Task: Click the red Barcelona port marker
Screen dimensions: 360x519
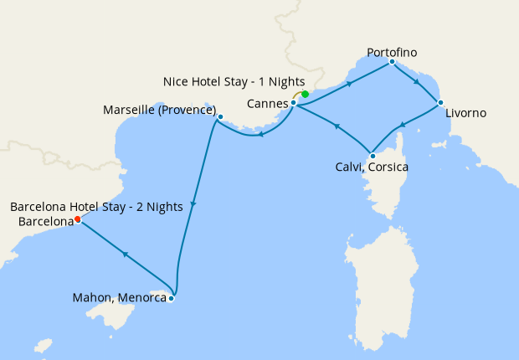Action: click(78, 219)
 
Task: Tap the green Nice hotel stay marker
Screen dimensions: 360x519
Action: click(306, 94)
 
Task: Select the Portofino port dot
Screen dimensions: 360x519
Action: click(392, 61)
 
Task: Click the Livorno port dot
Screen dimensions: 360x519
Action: click(440, 103)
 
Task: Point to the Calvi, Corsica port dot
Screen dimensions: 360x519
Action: click(372, 155)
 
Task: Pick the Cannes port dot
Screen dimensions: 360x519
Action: click(294, 103)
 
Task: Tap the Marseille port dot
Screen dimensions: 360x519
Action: click(220, 117)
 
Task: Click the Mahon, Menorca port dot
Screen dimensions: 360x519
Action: click(171, 298)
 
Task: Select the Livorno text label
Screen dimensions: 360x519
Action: click(466, 113)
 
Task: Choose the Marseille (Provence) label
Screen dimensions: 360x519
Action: click(159, 111)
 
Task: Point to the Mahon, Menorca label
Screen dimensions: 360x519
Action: click(120, 296)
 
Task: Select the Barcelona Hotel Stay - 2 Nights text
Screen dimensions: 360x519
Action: click(96, 207)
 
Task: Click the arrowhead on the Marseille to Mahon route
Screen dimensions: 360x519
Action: click(193, 206)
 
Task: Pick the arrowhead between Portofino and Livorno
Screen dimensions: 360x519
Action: click(416, 83)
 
